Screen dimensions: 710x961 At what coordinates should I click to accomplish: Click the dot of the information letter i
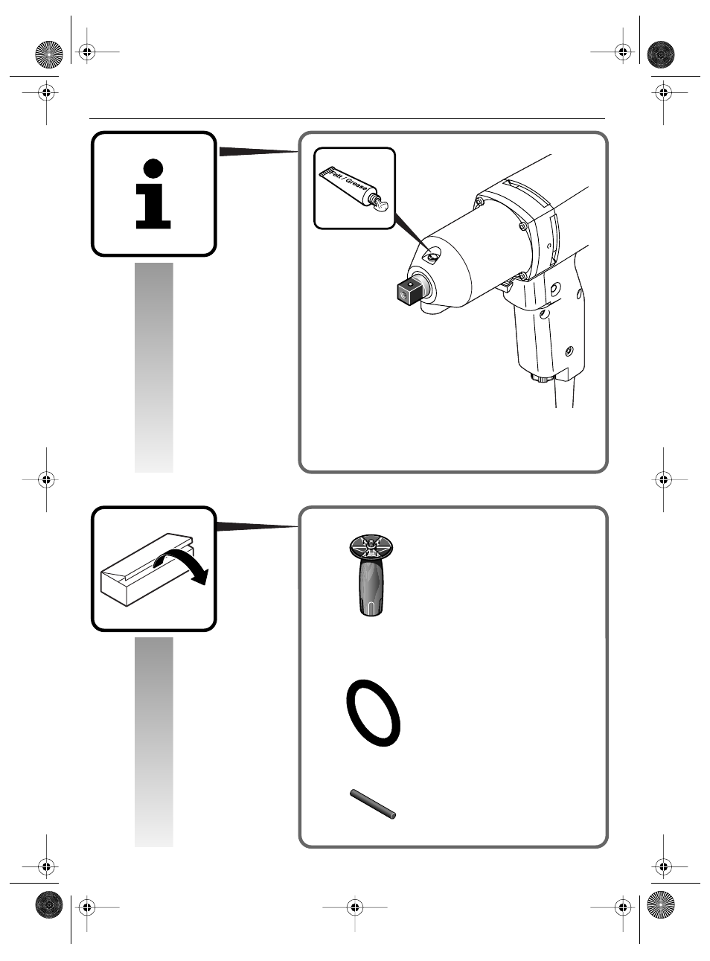[153, 169]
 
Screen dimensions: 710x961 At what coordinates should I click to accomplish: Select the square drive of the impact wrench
[409, 291]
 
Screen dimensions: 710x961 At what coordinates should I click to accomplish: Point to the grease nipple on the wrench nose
[432, 257]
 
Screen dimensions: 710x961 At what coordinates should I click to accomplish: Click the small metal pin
[373, 804]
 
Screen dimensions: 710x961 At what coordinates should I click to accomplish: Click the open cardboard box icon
[147, 569]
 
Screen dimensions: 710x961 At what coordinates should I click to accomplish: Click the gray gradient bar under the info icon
[154, 368]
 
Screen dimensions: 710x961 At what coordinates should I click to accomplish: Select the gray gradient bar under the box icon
[154, 741]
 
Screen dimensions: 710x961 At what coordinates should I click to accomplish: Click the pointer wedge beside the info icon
[258, 152]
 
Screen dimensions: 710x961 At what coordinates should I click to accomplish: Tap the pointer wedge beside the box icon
[257, 526]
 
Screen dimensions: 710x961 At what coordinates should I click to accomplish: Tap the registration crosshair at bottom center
[355, 907]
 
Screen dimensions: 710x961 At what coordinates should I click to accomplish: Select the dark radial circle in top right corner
[661, 54]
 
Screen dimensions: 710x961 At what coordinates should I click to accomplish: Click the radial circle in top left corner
[49, 54]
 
